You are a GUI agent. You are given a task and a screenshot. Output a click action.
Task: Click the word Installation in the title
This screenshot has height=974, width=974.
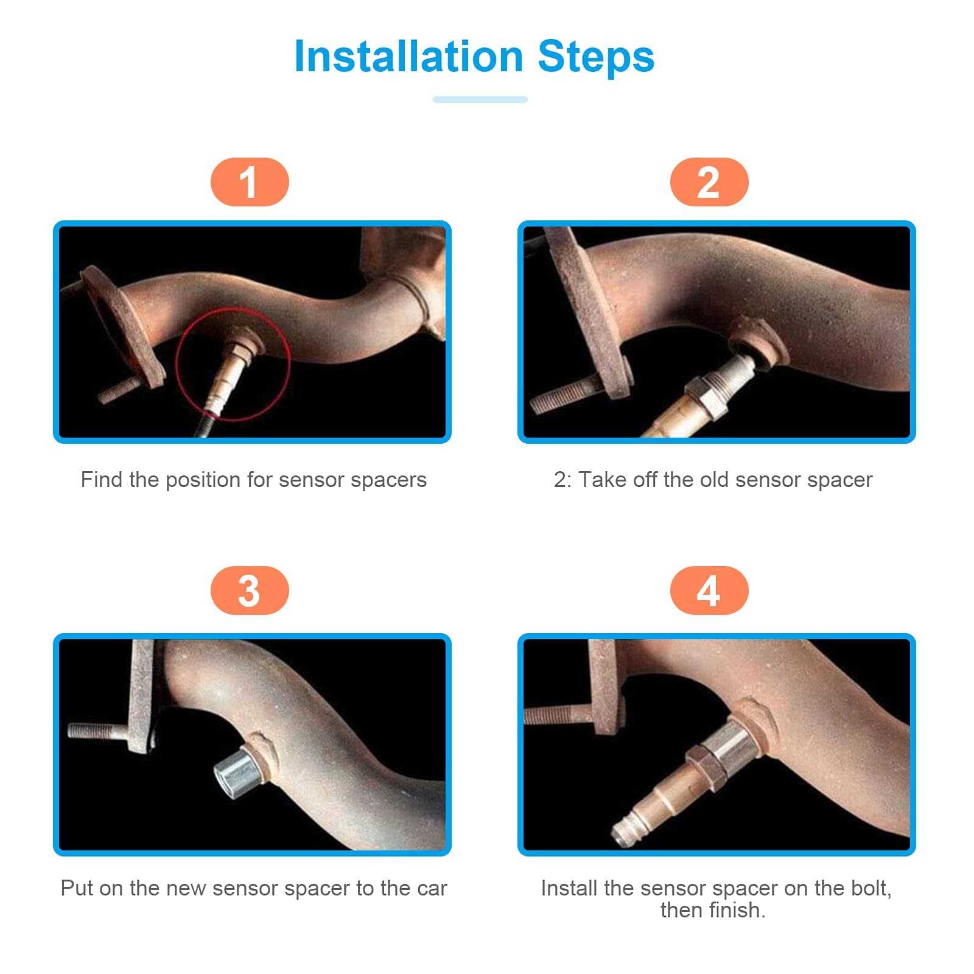tap(408, 57)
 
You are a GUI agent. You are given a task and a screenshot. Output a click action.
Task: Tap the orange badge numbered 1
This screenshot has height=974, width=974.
tap(250, 182)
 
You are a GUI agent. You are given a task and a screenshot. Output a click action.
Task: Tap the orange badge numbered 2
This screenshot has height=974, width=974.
tap(709, 182)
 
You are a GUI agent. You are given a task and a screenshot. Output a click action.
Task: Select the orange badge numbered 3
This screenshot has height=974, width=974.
tap(250, 590)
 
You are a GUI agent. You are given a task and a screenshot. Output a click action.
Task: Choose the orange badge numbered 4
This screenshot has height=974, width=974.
tap(709, 590)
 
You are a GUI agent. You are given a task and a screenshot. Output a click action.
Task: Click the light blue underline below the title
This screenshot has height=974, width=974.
tap(480, 99)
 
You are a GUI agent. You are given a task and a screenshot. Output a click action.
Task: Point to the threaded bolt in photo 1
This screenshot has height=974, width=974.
tap(119, 390)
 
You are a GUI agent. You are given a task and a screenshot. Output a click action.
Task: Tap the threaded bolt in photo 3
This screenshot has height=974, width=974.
tap(97, 729)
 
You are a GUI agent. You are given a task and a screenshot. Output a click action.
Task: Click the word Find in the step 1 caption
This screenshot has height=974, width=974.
tap(102, 480)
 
